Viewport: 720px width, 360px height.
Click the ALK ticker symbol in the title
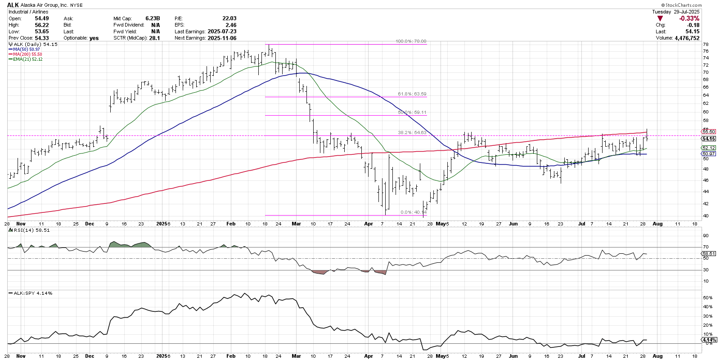(x=13, y=5)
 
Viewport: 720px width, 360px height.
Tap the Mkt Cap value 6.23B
(x=153, y=18)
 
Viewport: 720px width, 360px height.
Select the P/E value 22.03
(x=229, y=18)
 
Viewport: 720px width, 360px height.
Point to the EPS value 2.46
(x=231, y=25)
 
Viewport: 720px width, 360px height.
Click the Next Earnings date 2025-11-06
(x=222, y=38)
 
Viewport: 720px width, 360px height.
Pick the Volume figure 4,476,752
(x=687, y=38)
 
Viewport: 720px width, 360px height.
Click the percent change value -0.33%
(x=689, y=18)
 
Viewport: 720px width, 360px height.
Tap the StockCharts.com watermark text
(x=684, y=5)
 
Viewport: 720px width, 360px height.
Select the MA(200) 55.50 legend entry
(x=27, y=54)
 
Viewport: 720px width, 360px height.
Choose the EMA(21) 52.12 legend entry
(x=28, y=59)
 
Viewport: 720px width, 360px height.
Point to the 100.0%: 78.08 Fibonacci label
(x=411, y=41)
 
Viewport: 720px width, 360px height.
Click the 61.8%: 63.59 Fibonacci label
(x=412, y=94)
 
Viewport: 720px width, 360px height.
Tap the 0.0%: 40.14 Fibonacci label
(x=413, y=212)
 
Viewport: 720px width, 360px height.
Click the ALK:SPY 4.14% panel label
(x=33, y=293)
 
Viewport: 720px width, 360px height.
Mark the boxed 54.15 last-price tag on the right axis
(x=709, y=139)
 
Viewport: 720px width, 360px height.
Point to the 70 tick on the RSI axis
(x=706, y=247)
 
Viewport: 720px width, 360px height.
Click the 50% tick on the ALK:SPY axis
(x=707, y=298)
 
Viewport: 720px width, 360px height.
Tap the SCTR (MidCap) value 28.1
(x=154, y=38)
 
